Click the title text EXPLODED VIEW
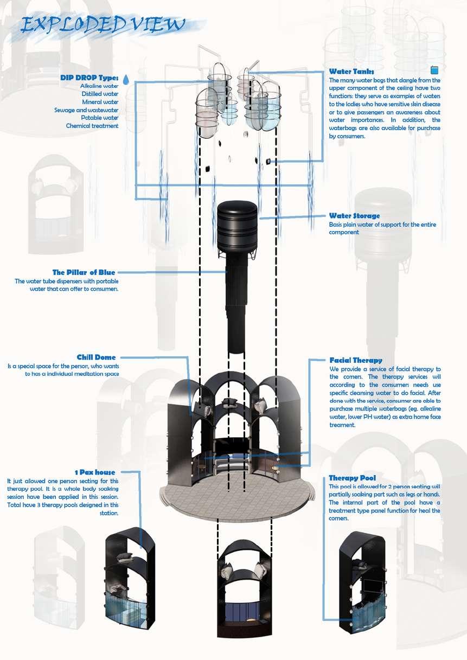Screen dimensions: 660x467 coord(103,24)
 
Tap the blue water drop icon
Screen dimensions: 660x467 coord(126,80)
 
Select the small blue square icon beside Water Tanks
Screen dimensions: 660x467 coord(434,70)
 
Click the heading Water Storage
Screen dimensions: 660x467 coord(354,216)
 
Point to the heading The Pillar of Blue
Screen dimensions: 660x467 coord(84,272)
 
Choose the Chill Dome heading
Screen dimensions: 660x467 coord(96,357)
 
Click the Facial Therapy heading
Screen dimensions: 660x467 coord(355,360)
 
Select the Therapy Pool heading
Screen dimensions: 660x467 coord(352,478)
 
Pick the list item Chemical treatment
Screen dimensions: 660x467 coord(92,126)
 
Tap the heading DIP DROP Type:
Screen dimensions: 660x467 coord(89,78)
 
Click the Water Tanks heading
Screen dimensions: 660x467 coord(351,72)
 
